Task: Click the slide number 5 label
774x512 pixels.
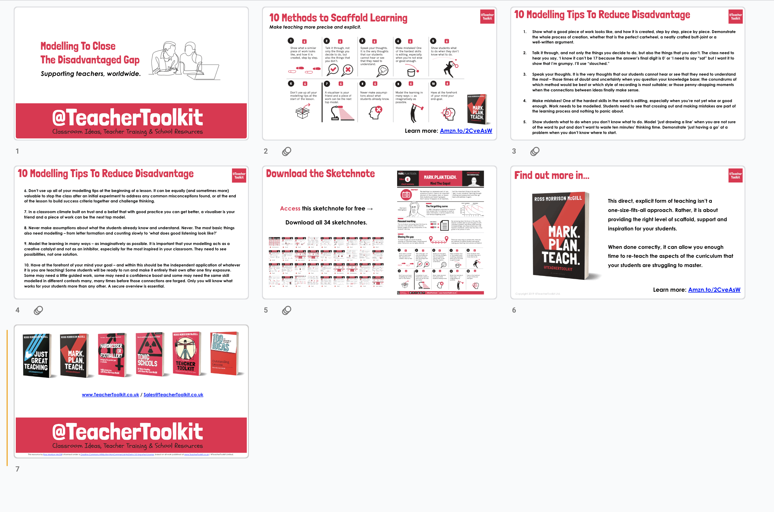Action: point(266,310)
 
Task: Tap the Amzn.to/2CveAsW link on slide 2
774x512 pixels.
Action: point(466,131)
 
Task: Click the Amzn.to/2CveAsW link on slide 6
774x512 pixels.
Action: point(714,290)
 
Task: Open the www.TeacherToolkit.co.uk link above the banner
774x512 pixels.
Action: point(110,395)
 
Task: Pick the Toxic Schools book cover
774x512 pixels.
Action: point(149,355)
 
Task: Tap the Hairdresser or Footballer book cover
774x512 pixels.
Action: point(112,355)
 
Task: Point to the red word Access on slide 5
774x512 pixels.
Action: point(290,209)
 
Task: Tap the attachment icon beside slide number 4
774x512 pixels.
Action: point(38,310)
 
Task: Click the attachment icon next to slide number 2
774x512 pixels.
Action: point(286,151)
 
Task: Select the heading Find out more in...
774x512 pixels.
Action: point(552,176)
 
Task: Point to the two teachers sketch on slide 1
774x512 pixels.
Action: point(185,60)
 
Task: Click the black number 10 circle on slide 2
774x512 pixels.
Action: point(433,84)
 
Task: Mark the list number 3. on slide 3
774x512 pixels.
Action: point(525,74)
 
